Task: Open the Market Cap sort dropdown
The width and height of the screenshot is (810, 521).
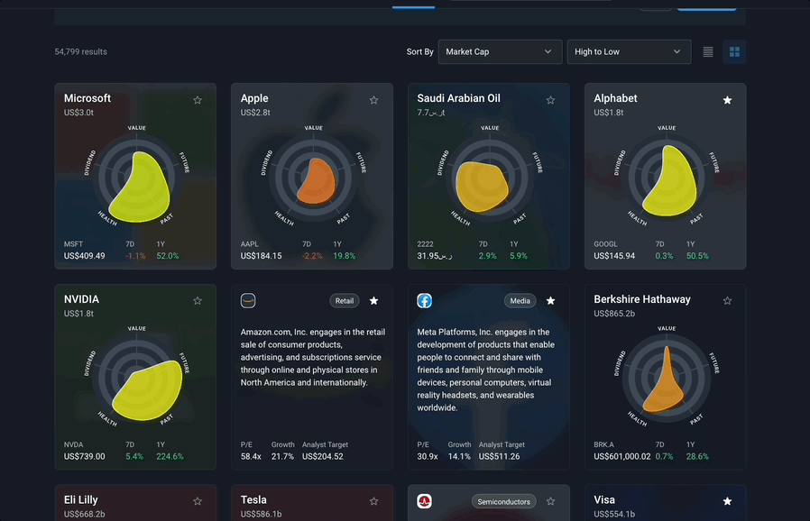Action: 500,51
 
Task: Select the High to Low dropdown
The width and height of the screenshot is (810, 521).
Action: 629,51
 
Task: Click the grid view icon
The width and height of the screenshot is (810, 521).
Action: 734,51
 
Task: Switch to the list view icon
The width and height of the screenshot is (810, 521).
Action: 708,51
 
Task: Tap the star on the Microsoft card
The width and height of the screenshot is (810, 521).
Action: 198,100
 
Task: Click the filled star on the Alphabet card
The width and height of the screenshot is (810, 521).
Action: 727,100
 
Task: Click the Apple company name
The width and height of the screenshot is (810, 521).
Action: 254,98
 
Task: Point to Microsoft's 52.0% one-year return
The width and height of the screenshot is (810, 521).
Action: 168,256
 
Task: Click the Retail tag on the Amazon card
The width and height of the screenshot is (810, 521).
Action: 345,300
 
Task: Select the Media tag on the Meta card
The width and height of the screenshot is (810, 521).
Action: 520,300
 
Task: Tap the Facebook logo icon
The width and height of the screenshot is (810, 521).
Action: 424,300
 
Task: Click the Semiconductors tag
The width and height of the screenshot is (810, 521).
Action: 503,501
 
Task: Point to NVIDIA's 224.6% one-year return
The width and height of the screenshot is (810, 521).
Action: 170,456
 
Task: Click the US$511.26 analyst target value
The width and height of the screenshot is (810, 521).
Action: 499,456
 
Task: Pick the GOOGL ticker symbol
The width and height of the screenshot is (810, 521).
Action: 605,243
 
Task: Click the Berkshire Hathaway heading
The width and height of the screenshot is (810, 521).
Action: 642,299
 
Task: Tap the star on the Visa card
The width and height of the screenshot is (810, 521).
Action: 727,501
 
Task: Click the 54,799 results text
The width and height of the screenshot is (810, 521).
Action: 80,51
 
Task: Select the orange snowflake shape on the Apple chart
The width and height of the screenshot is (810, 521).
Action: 316,181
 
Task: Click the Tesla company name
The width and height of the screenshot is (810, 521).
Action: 253,500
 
